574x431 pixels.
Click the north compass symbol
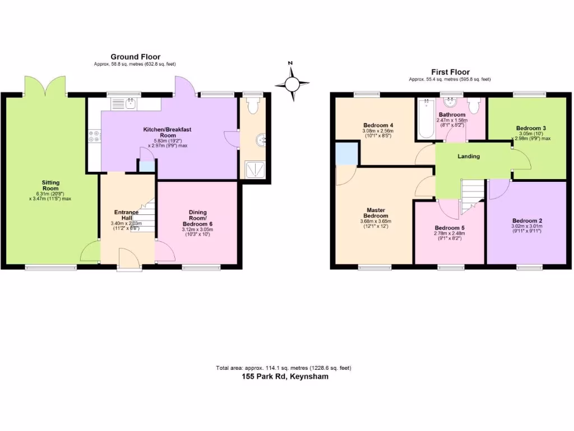click(x=292, y=83)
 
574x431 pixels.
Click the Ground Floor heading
click(x=135, y=57)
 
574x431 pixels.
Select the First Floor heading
click(x=450, y=72)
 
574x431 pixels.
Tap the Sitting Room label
click(x=50, y=186)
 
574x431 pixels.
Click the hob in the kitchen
click(x=94, y=136)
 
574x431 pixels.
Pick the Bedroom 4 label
click(x=378, y=125)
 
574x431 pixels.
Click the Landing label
click(x=468, y=157)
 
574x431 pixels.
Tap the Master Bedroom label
click(x=375, y=212)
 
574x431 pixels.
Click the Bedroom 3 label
click(x=531, y=128)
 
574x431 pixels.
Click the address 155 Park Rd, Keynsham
click(x=285, y=377)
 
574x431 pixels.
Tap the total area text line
click(x=284, y=368)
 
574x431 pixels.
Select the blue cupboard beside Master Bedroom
click(x=345, y=153)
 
